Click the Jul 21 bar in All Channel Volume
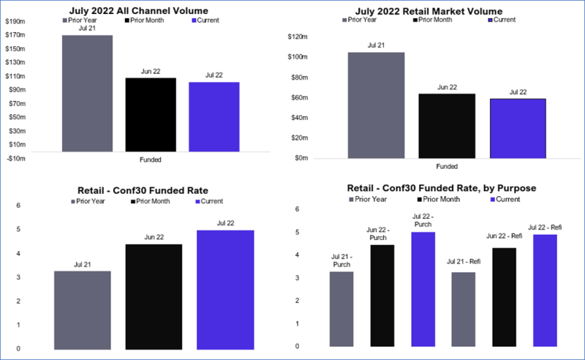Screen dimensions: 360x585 87,93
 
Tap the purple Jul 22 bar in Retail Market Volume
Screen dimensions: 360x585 518,128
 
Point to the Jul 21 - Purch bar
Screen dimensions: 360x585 341,308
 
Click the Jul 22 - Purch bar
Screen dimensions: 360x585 423,288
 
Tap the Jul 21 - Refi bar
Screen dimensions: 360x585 463,308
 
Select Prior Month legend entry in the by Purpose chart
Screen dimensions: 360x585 439,199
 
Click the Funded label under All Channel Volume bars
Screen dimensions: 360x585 149,160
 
